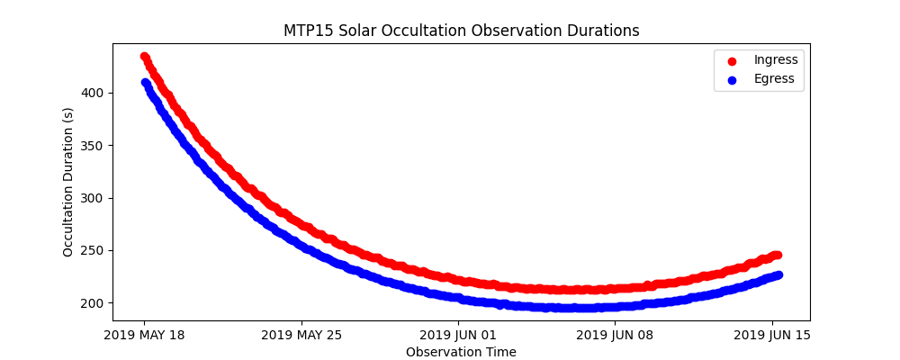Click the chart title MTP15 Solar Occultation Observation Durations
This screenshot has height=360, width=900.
pyautogui.click(x=461, y=31)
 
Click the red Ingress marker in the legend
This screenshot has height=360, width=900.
pyautogui.click(x=732, y=60)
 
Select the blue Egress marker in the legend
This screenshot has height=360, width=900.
pyautogui.click(x=732, y=79)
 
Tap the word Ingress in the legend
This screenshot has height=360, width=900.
pyautogui.click(x=776, y=60)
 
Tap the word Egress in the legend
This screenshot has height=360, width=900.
pyautogui.click(x=774, y=79)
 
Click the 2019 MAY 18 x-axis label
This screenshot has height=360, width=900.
pyautogui.click(x=144, y=336)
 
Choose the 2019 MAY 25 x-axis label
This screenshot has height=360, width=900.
pyautogui.click(x=301, y=336)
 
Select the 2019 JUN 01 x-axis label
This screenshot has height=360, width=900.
pyautogui.click(x=458, y=336)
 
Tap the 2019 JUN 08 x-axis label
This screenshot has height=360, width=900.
pyautogui.click(x=616, y=336)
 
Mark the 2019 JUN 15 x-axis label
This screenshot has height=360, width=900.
pyautogui.click(x=772, y=336)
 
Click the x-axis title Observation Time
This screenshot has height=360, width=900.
pyautogui.click(x=461, y=352)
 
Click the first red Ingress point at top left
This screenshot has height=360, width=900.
pyautogui.click(x=145, y=57)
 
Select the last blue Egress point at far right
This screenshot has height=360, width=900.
pyautogui.click(x=778, y=274)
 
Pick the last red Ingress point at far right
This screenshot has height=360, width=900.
pyautogui.click(x=778, y=255)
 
